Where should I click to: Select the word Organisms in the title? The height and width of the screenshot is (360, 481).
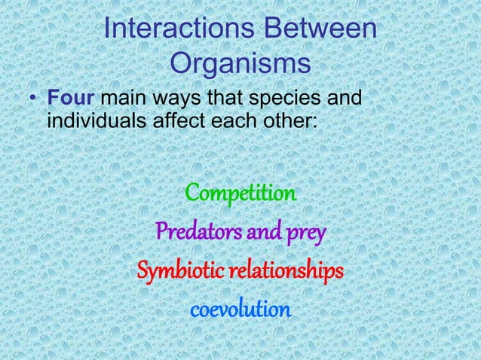pos(240,63)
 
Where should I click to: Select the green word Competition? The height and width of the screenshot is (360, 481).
pos(240,194)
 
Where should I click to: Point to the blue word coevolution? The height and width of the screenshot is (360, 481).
pos(240,310)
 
